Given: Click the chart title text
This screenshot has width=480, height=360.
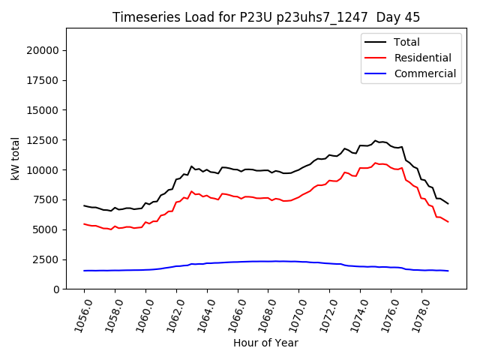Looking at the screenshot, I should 266,17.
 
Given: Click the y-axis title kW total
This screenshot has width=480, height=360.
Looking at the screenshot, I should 15,159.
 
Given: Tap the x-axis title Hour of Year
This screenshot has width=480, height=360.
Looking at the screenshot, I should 265,343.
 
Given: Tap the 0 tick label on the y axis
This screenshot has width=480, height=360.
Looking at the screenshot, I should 56,289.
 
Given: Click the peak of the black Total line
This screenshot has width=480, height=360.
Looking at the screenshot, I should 376,140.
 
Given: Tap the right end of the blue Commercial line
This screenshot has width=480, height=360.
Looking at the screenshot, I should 448,271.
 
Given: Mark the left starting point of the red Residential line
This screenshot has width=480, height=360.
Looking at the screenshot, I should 84,223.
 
